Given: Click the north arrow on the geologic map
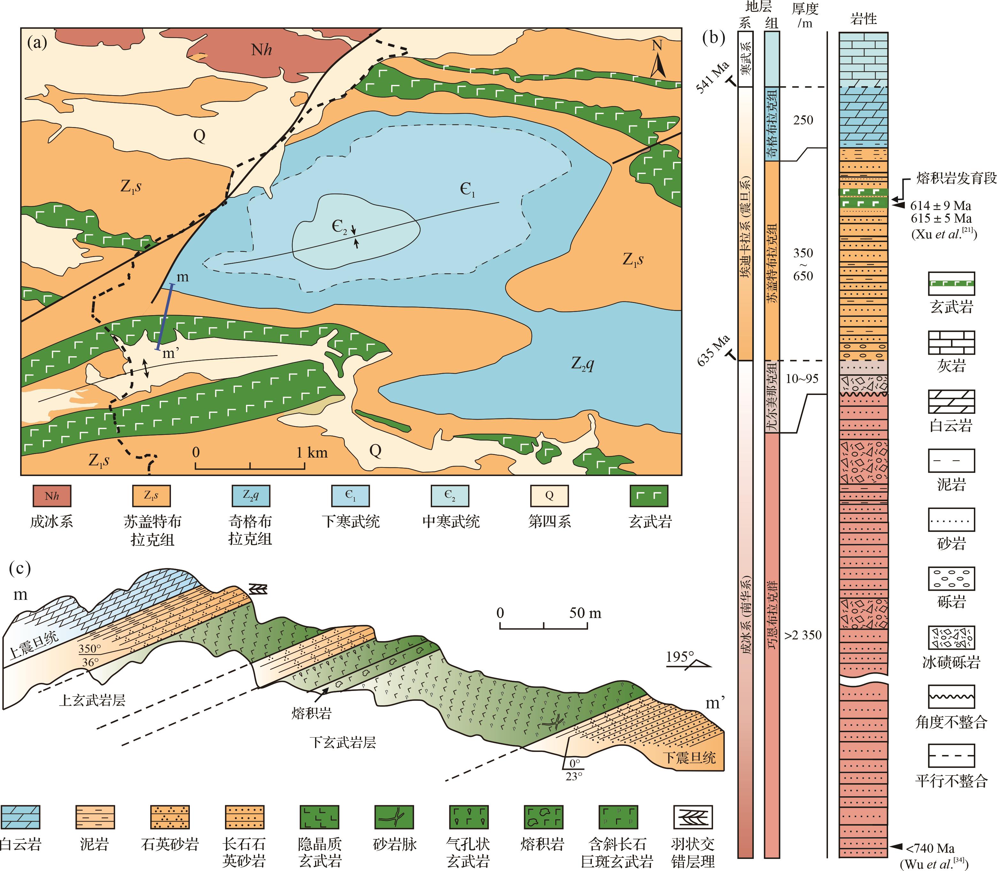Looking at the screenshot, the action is point(658,59).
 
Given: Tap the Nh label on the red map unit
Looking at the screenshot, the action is point(261,49).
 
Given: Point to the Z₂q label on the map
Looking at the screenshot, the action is point(582,364).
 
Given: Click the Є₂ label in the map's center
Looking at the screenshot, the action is point(339,226).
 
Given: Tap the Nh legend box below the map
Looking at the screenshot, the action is point(51,496).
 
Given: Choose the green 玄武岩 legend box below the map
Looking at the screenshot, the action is point(649,496).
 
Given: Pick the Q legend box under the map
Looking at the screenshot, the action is point(549,496).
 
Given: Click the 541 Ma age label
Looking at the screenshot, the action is point(713,78).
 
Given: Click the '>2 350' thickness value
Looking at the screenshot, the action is point(803,635).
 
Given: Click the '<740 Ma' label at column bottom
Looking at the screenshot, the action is point(930,848).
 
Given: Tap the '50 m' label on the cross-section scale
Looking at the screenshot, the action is point(585,613).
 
